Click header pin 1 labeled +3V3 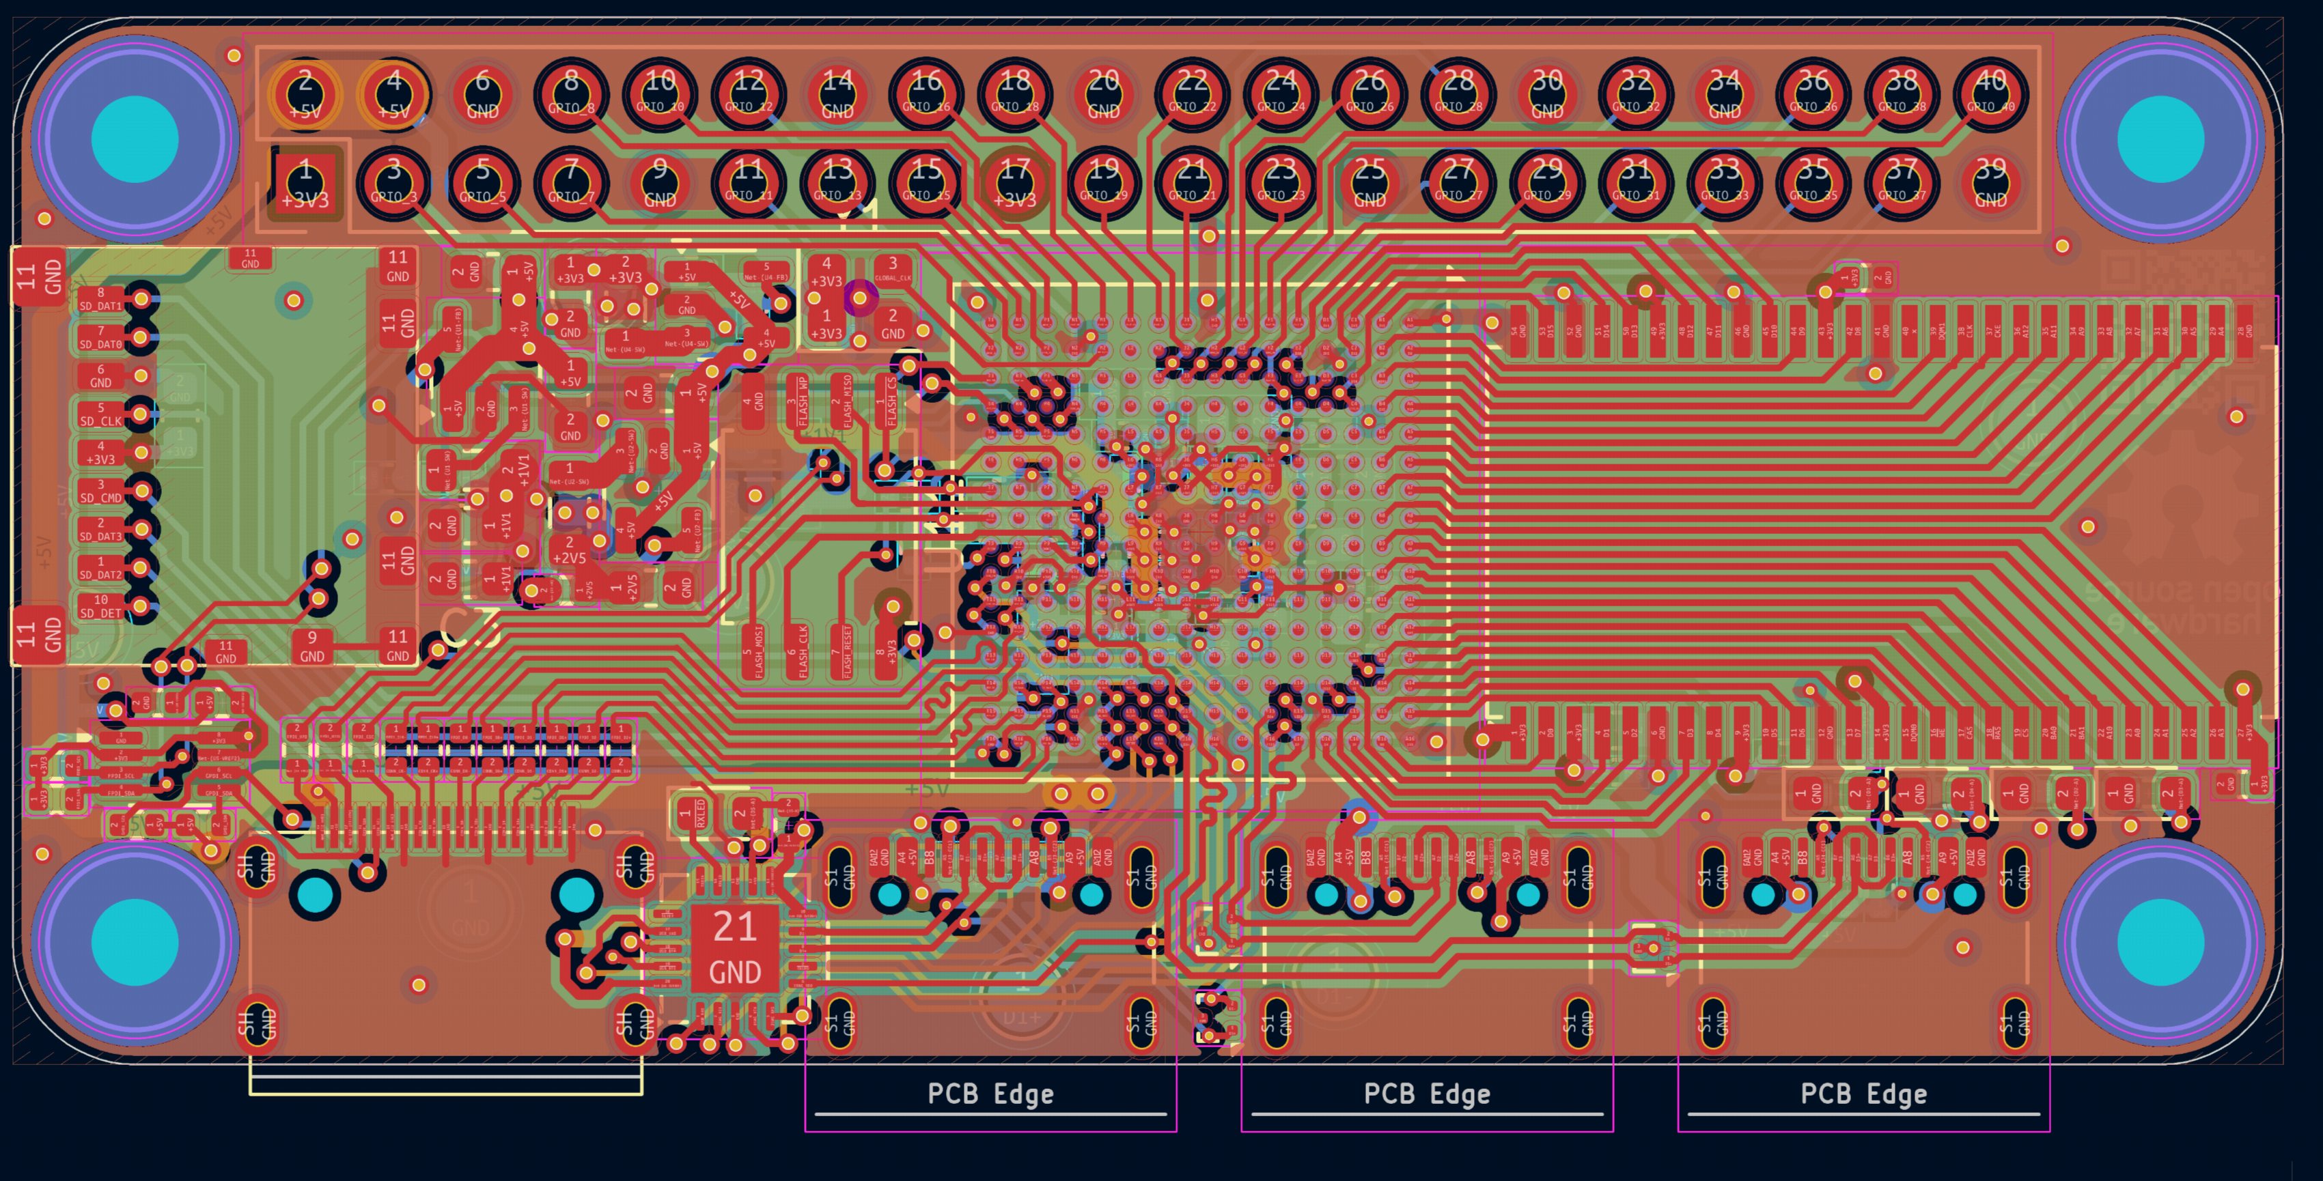(x=306, y=183)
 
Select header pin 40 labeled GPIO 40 (x=1990, y=94)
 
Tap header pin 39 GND (x=1990, y=183)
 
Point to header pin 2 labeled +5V (x=306, y=94)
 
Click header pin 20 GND (x=1103, y=94)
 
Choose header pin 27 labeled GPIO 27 (x=1458, y=183)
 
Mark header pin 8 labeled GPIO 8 (x=571, y=94)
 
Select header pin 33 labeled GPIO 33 (x=1724, y=183)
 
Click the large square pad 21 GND (x=735, y=948)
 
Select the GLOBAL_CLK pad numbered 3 (x=893, y=269)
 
